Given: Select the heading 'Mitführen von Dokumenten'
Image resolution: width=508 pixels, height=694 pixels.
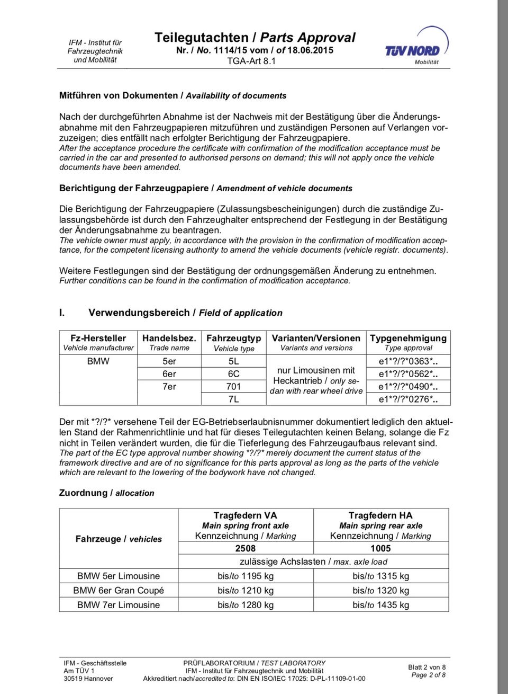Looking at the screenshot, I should point(119,95).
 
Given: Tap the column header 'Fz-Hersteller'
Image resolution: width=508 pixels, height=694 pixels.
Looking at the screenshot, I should point(98,338).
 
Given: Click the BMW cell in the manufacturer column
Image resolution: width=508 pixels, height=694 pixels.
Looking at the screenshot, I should point(98,361).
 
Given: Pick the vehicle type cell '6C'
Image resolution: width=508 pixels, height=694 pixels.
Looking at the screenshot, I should point(233,374).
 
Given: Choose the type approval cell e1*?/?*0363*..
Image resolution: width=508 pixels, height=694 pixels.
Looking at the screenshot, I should point(407,362).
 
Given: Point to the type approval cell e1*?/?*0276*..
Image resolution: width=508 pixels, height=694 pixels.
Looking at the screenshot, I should point(407,399).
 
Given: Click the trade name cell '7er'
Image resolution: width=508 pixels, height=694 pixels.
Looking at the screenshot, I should point(169,387).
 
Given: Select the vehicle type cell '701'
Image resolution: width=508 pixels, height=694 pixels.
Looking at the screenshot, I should point(233,387).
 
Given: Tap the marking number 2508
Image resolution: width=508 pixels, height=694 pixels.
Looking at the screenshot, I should point(246,548).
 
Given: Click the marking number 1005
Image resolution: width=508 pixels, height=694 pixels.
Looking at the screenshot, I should point(380,548).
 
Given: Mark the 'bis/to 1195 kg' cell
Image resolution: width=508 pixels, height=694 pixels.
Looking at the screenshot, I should point(246,576).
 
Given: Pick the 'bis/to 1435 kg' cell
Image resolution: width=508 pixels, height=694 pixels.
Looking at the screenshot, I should point(380,604).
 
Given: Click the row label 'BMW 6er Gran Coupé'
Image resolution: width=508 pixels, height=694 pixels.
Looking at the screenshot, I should point(119,590).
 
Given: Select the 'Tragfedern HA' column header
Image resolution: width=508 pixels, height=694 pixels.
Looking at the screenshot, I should point(380,515).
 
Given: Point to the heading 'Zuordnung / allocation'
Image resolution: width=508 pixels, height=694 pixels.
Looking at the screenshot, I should point(106,493).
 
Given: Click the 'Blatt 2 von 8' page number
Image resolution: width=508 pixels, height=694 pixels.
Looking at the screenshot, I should point(427,667).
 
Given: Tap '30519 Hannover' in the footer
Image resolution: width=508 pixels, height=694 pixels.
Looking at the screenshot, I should point(88,678).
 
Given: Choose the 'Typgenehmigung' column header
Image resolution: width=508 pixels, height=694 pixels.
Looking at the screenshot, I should point(408,338).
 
